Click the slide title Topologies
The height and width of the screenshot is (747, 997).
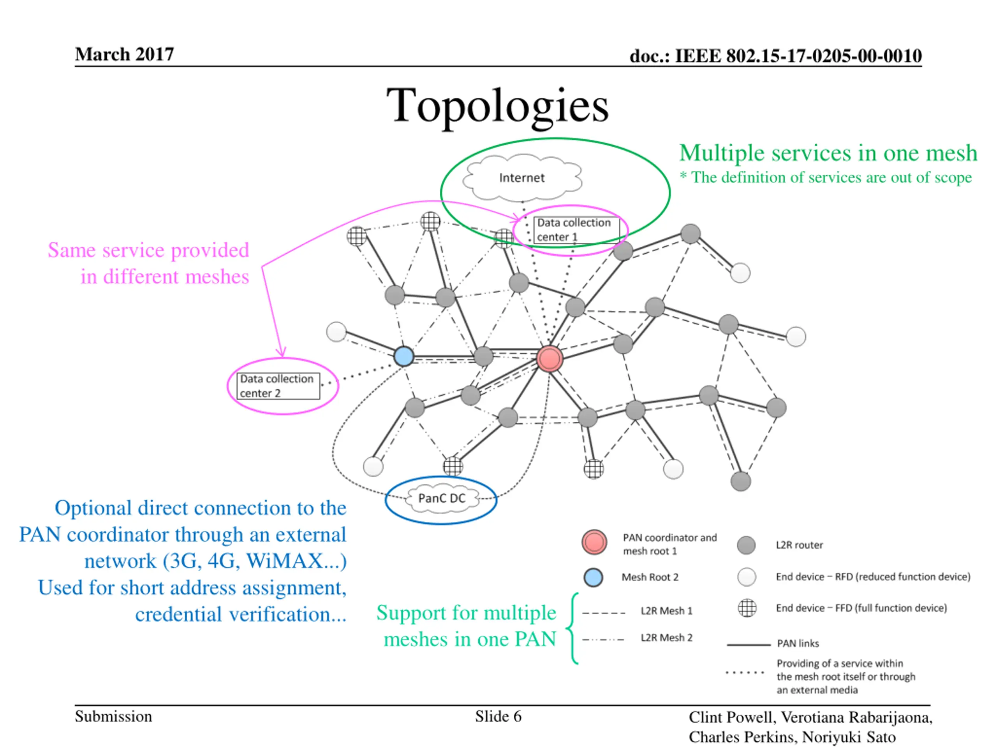(x=498, y=106)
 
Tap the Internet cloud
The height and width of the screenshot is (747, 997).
(x=522, y=178)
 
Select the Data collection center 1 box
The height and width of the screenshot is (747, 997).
(x=576, y=230)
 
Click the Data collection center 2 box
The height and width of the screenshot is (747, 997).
(x=278, y=386)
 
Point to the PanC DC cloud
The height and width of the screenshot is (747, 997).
(x=441, y=498)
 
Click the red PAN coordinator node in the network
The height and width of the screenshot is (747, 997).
(x=550, y=359)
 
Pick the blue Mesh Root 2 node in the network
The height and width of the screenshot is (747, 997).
(x=404, y=356)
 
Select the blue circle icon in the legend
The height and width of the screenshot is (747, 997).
(x=593, y=577)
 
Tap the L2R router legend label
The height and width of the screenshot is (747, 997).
(x=799, y=545)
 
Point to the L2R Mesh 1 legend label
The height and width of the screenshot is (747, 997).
(x=666, y=611)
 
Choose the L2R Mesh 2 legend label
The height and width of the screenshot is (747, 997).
(x=666, y=638)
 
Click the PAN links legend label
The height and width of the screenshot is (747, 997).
(x=798, y=644)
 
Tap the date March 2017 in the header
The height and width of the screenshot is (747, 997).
(x=124, y=54)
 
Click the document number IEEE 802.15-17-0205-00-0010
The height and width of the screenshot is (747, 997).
(x=775, y=56)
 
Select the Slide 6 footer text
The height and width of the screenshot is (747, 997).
(x=498, y=716)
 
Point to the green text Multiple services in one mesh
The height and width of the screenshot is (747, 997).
(x=828, y=153)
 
